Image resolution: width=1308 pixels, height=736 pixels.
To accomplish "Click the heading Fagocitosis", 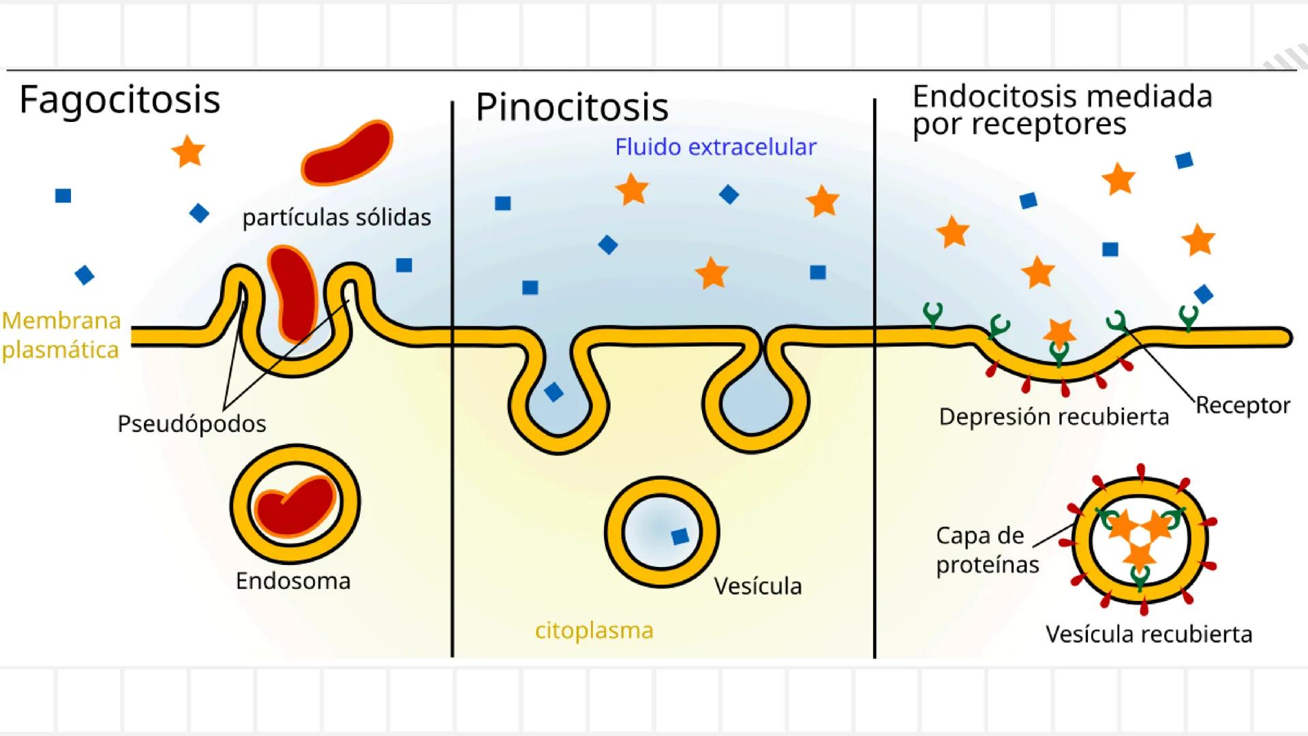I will click(120, 99).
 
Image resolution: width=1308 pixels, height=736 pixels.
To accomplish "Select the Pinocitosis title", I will click(572, 107).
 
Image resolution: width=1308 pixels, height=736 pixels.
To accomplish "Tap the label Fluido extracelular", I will click(715, 147).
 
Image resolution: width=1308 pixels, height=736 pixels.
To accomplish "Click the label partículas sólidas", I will click(337, 217).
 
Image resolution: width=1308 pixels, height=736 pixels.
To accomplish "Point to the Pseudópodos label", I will click(192, 424).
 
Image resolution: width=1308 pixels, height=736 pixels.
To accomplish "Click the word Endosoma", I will click(293, 581).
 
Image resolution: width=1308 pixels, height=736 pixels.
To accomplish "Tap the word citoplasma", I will click(594, 630).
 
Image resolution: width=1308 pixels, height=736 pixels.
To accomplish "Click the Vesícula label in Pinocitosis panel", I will click(757, 586).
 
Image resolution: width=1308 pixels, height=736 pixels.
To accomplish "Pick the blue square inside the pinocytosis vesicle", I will click(680, 536).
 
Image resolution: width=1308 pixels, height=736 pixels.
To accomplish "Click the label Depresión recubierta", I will click(1054, 416).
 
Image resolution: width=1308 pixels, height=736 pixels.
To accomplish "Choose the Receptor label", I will click(1243, 405).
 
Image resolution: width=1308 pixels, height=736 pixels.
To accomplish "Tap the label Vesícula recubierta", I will click(1149, 634).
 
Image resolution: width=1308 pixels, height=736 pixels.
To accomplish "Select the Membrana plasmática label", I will click(61, 335).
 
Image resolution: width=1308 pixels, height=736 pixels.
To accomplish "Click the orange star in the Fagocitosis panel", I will click(188, 151).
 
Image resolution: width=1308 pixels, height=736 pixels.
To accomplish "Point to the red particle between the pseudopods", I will click(293, 293).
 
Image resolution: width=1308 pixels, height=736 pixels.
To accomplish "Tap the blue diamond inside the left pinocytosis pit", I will click(553, 392).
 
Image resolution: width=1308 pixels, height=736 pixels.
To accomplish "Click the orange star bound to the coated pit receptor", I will click(1059, 332).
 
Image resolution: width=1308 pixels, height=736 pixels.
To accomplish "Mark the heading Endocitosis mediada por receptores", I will click(1062, 110).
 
